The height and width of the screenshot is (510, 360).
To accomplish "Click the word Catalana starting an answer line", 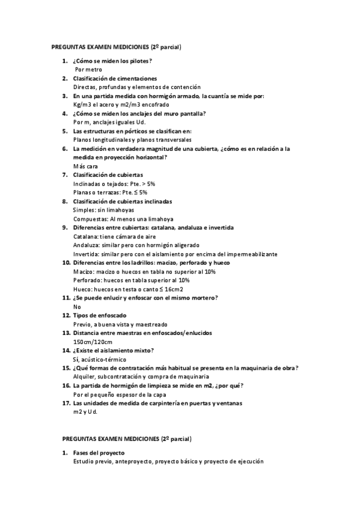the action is (x=85, y=236).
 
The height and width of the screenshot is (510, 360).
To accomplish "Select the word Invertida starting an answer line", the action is (x=86, y=254).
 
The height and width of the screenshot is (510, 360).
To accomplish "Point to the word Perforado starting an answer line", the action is (x=87, y=280).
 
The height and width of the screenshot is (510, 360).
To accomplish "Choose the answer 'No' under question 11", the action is (x=77, y=307).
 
